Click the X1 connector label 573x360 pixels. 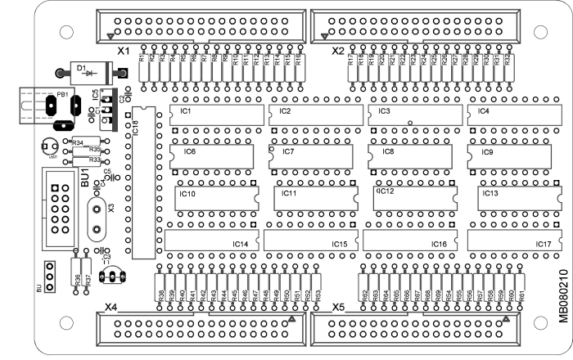pos(124,51)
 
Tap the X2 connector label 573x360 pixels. pos(336,51)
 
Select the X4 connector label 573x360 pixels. pos(112,308)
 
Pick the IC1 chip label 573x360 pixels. pos(185,110)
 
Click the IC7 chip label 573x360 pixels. pos(288,152)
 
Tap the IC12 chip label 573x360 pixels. pos(385,191)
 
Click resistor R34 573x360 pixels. pos(78,142)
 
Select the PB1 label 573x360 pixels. pos(61,95)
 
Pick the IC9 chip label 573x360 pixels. pos(487,152)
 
